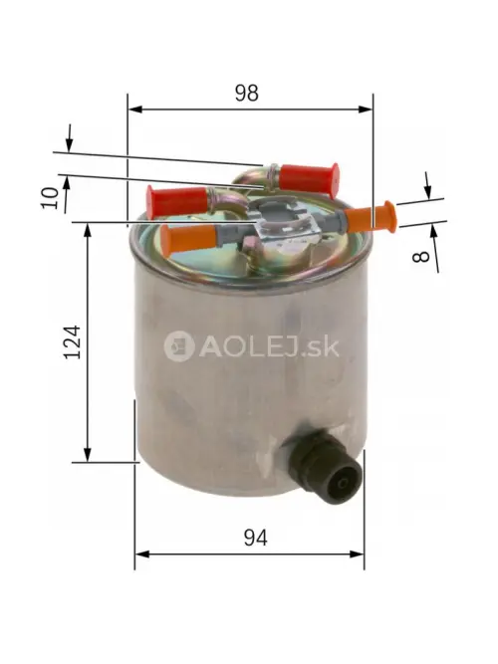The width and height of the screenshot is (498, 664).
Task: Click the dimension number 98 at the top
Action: coord(246,93)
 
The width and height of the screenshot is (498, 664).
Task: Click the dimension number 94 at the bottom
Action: coord(256,538)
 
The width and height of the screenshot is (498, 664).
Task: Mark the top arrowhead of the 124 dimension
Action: coord(88,228)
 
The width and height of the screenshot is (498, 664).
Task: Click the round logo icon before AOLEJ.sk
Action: coord(179,346)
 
